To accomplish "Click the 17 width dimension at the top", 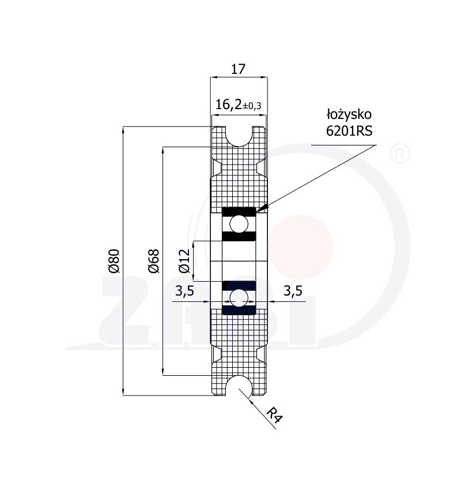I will [x=238, y=69].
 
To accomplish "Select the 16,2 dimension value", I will [x=226, y=104].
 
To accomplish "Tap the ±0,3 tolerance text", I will [x=251, y=106].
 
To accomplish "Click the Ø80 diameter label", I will [x=114, y=260].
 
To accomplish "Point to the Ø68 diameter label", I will [x=153, y=260].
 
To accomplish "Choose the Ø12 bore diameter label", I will [x=184, y=260].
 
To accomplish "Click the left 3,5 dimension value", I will [x=184, y=292].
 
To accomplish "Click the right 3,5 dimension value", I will [x=293, y=292].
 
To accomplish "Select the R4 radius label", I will [x=275, y=415].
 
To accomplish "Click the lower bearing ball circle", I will [x=239, y=297].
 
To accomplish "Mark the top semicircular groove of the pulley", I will [x=239, y=136].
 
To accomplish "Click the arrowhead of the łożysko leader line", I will [x=260, y=208].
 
